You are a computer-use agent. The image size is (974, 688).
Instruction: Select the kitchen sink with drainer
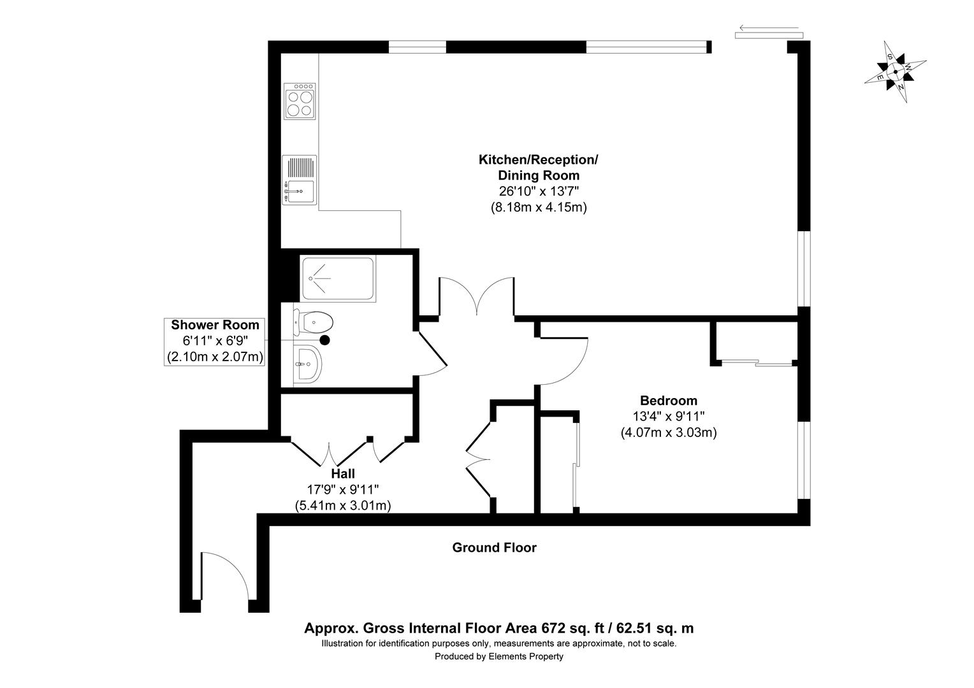tap(300, 180)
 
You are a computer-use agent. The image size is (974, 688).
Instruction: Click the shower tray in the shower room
tap(338, 278)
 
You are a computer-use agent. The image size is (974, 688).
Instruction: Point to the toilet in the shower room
tap(314, 322)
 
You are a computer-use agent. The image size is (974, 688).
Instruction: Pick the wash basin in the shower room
tap(310, 365)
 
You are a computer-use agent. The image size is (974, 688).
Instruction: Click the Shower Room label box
tap(215, 341)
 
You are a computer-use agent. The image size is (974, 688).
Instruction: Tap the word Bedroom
tap(669, 401)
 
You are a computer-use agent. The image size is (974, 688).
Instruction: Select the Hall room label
tap(343, 474)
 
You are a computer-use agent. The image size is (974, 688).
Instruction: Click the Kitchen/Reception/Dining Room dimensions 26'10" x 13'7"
tap(539, 191)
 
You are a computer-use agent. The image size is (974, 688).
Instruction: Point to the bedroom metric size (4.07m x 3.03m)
tap(669, 433)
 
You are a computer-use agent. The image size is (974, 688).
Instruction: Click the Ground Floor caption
tap(494, 547)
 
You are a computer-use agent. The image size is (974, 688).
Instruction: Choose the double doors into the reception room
tap(477, 296)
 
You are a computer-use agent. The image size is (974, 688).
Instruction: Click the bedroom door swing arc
tap(567, 363)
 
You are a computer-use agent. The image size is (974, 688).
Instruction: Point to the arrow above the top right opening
tap(767, 29)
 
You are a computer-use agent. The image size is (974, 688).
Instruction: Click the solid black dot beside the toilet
tap(325, 340)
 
